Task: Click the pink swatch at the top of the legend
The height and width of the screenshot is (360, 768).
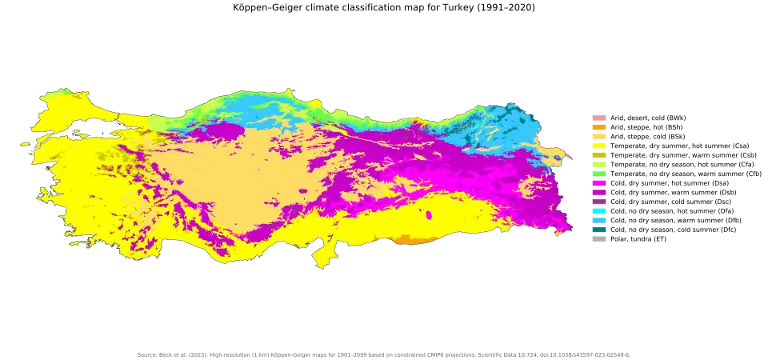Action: point(598,119)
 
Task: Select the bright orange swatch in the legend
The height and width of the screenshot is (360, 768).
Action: point(598,127)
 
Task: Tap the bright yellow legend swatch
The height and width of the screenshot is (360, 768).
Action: point(598,145)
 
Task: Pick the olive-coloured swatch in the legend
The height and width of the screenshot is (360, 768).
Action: point(598,154)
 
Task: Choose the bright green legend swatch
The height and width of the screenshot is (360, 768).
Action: point(598,174)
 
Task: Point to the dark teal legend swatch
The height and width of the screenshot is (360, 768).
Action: point(598,229)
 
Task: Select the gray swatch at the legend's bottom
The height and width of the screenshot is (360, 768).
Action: point(598,238)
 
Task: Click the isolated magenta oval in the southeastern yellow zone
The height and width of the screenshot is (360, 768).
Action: point(430,215)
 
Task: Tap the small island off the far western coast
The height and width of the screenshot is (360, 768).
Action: point(24,144)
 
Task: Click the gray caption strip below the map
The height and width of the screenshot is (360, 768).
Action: point(384,354)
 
